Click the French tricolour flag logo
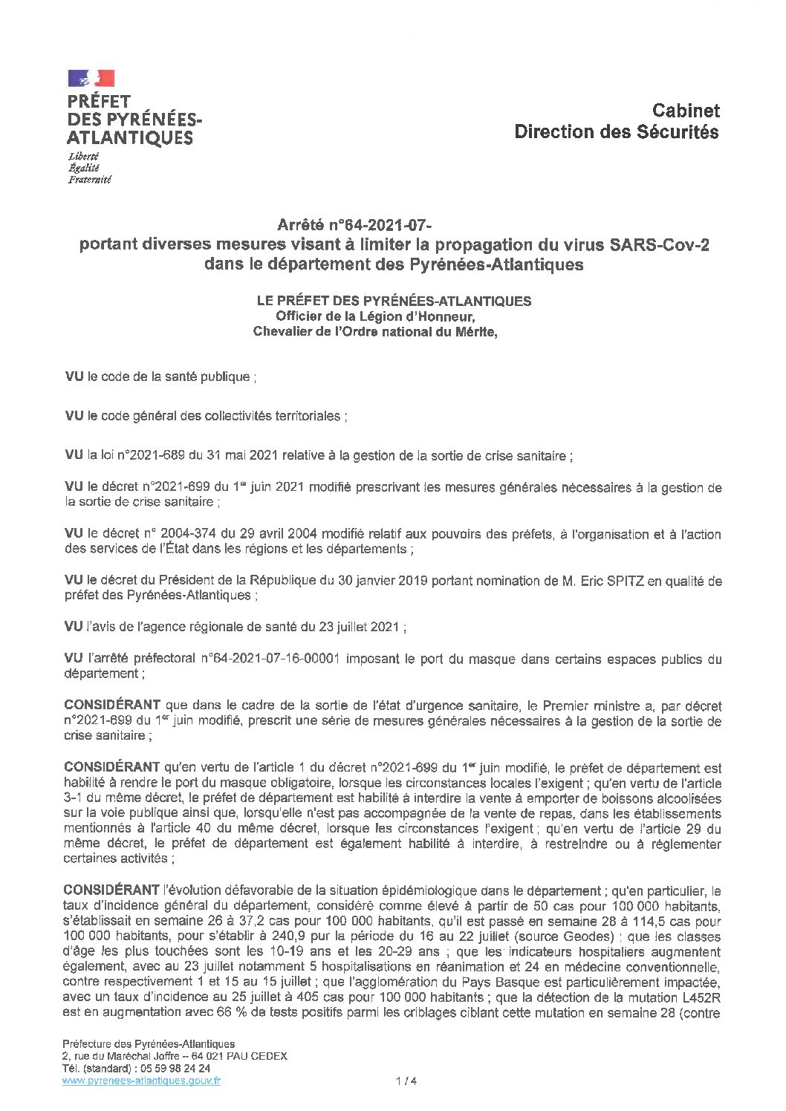coord(91,78)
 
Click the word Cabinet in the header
coord(685,111)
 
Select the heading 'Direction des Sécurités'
coord(616,132)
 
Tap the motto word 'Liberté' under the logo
coord(83,157)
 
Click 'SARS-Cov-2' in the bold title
coord(659,245)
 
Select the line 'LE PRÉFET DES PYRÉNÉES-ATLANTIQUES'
coord(394,301)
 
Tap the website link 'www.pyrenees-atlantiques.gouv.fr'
coord(141,1081)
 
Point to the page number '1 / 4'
coord(407,1081)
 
